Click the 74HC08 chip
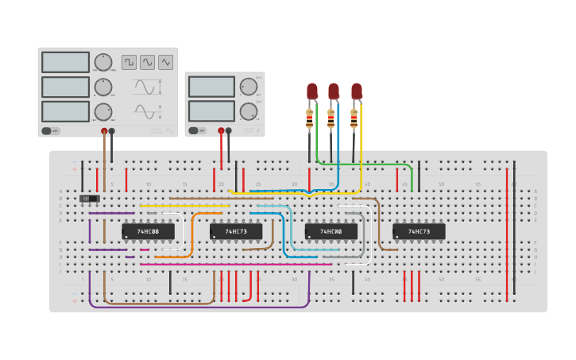coord(148,231)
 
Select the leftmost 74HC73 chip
coord(236,231)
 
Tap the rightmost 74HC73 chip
coord(419,231)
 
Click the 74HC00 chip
coord(331,231)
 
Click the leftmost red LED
coord(311,91)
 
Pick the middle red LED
coord(334,91)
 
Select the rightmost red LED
coord(357,91)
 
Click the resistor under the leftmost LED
coord(310,120)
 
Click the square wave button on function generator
coord(129,62)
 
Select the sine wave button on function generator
coord(147,62)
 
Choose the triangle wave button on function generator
coord(165,62)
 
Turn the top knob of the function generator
coord(103,62)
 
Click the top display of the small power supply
coord(211,87)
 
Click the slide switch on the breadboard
coord(90,199)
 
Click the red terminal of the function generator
coord(104,131)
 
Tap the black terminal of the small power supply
coord(229,131)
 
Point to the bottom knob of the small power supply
coord(249,110)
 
